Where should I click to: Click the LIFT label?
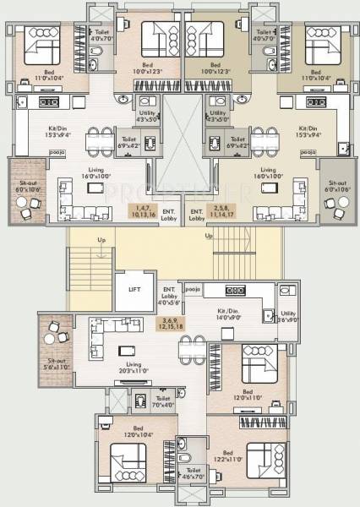(134, 289)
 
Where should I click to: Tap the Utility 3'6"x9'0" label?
(287, 316)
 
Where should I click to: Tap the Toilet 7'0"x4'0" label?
(163, 401)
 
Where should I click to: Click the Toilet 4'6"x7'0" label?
(194, 473)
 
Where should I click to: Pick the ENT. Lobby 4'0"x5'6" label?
(169, 294)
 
